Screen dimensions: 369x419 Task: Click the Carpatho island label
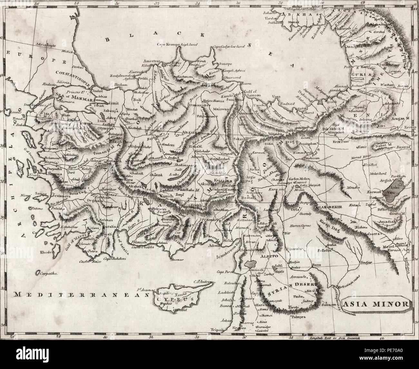click(48, 273)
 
